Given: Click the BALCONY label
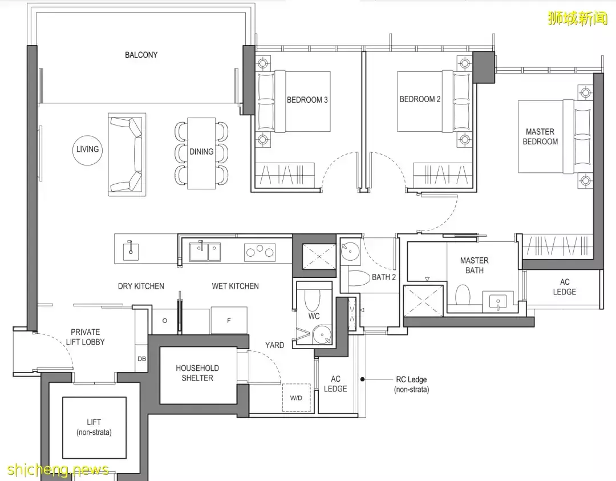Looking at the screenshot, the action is pos(141,55).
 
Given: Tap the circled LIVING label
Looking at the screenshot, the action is pos(87,149).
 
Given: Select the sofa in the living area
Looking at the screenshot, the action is pos(127,155).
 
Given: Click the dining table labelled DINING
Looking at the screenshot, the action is pos(201,153).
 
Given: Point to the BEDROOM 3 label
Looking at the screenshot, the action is pos(307,100).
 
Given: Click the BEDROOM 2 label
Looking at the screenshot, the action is pos(420,99).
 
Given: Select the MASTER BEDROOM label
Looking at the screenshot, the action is pos(540,136).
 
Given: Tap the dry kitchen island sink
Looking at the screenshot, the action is pos(131,250).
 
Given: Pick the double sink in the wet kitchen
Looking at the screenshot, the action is pos(205,251).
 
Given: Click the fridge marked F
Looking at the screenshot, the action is pos(229,320).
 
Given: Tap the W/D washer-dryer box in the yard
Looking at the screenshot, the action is pos(296,398).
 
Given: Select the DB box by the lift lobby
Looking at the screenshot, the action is pos(141,358).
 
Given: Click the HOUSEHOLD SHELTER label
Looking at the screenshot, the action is pos(197,373).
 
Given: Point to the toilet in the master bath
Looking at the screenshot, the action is pos(463,295).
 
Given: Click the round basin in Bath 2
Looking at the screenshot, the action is pos(350,250).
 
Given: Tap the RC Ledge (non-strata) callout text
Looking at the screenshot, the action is pos(411,385).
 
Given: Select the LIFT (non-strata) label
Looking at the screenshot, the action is pos(94,427).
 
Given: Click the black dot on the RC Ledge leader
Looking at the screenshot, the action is pos(363,379).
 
